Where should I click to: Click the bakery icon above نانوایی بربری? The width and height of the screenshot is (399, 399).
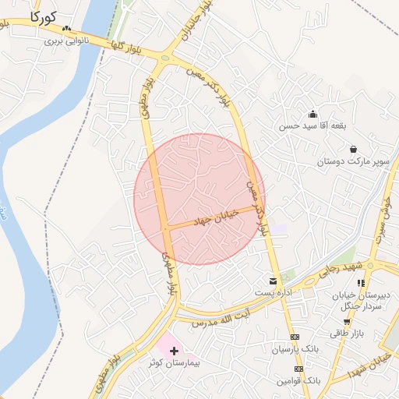point(66,30)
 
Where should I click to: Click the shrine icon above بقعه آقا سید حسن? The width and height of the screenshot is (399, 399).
point(313,114)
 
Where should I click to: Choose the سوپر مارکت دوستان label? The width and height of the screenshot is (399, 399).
point(352,161)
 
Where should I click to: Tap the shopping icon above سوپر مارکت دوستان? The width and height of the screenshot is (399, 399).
point(353,149)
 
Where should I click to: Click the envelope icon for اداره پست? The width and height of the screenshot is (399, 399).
point(273,281)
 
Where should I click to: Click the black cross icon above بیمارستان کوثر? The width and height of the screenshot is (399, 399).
point(174,351)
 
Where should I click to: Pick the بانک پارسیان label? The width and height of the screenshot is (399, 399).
point(292,350)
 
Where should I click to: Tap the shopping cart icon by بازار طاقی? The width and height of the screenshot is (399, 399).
point(346,320)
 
